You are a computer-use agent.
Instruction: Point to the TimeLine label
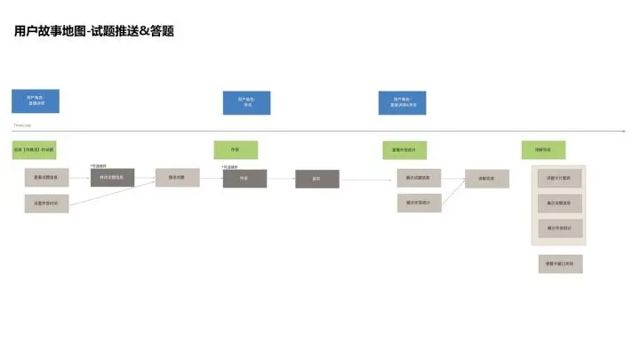coord(22,126)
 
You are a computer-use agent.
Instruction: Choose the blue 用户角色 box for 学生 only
coord(246,102)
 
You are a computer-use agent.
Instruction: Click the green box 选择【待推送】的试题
coord(35,149)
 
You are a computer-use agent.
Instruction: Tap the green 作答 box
coord(235,149)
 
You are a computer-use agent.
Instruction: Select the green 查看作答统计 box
coord(404,149)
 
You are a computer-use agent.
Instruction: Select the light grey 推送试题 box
coord(177,178)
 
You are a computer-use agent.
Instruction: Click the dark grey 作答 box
coord(244,178)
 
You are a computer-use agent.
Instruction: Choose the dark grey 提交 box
coord(317,179)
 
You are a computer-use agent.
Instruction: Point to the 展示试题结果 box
coord(419,178)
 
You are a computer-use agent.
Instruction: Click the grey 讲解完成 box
coord(486,178)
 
